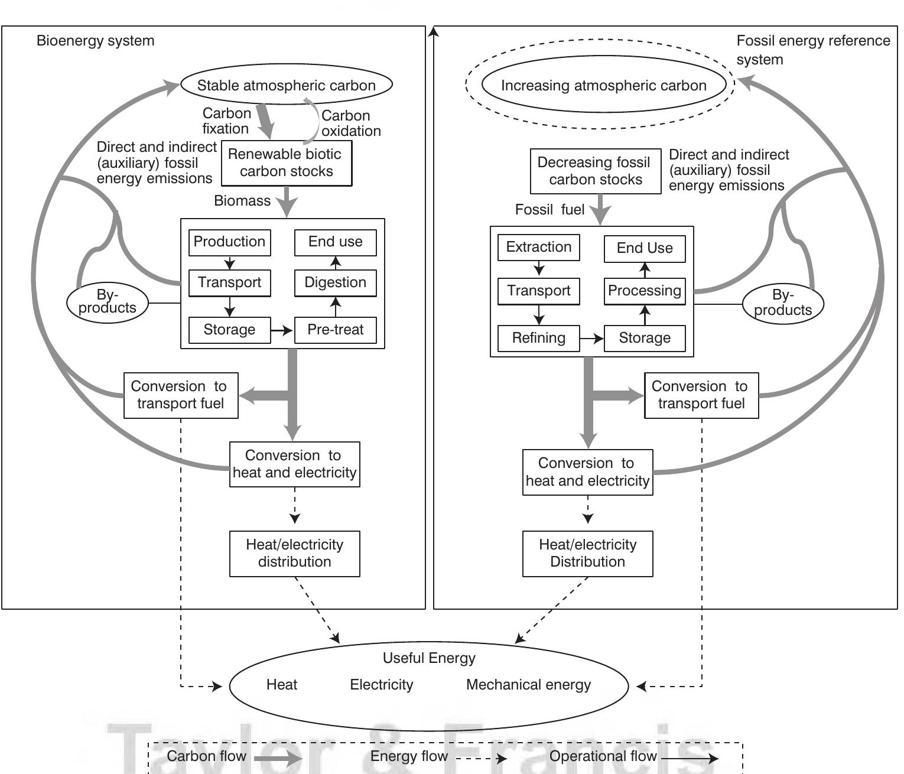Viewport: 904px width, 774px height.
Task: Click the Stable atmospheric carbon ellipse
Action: click(x=286, y=84)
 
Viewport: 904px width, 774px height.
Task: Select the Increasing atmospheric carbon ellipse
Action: click(x=603, y=84)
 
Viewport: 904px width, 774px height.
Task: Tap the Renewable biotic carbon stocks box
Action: click(x=287, y=163)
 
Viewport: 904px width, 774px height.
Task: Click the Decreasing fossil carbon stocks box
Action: click(x=595, y=171)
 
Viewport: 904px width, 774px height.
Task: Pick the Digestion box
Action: click(x=335, y=282)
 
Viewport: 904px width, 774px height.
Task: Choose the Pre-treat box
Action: click(x=335, y=330)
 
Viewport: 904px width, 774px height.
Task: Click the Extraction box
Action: click(x=538, y=247)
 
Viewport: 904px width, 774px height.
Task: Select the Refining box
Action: click(x=538, y=338)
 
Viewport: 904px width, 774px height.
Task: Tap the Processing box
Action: click(x=644, y=291)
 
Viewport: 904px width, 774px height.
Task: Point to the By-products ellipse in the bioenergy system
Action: click(x=107, y=302)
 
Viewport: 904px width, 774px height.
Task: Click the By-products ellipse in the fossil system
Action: click(x=782, y=303)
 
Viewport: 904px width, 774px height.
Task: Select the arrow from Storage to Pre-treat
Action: click(x=282, y=330)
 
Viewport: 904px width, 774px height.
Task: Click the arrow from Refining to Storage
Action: click(x=591, y=339)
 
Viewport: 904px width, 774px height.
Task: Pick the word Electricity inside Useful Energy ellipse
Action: click(x=381, y=685)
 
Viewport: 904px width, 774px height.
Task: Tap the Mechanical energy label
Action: click(x=528, y=685)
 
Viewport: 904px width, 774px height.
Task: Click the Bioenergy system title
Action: click(x=95, y=41)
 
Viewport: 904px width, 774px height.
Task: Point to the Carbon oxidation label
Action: click(x=350, y=123)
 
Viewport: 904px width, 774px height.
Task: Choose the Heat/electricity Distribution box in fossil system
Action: click(x=587, y=554)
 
